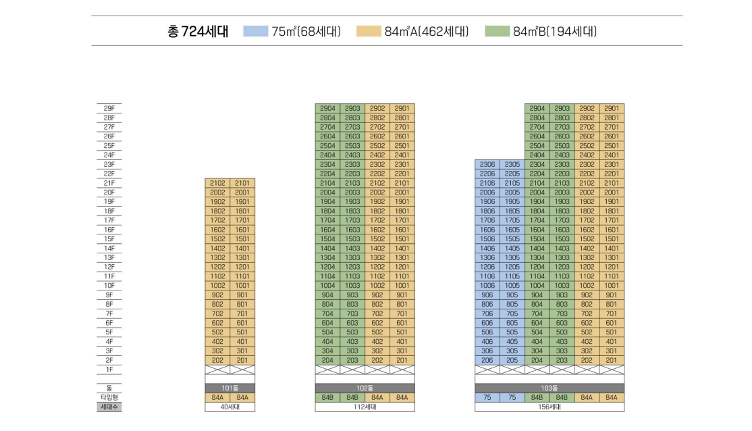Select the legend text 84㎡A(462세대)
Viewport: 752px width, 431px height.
(x=426, y=31)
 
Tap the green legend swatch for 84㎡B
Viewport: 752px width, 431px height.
(x=498, y=31)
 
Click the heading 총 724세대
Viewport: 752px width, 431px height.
(x=198, y=31)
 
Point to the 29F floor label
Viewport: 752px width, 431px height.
(x=109, y=108)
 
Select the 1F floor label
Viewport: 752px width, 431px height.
(x=109, y=370)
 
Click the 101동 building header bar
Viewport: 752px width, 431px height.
(x=230, y=388)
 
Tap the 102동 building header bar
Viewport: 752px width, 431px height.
(x=365, y=388)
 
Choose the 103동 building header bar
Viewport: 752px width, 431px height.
(x=549, y=388)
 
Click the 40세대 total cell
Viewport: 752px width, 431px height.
(x=230, y=407)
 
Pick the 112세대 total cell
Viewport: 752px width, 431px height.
(x=365, y=407)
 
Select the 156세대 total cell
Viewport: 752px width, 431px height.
(x=549, y=407)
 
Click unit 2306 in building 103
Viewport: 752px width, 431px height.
(x=487, y=164)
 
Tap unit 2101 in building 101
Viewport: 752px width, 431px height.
(x=243, y=183)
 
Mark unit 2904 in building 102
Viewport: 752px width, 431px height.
(x=327, y=108)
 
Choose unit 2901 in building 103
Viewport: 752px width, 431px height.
(x=612, y=108)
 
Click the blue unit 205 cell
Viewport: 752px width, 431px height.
(x=512, y=360)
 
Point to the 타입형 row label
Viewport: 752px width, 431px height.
(x=109, y=397)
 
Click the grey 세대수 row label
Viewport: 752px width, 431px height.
(x=109, y=407)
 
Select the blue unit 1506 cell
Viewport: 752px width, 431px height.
(x=487, y=239)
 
